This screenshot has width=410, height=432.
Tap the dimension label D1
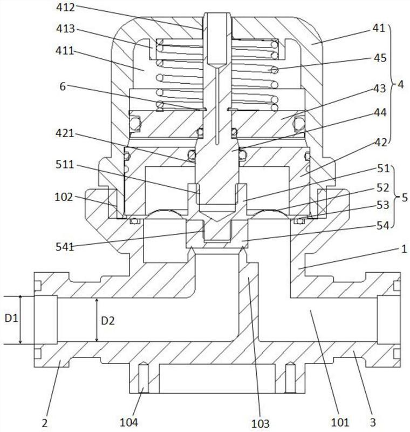(x=11, y=320)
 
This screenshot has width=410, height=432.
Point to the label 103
(x=261, y=421)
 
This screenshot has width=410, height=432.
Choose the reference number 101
(x=340, y=421)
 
